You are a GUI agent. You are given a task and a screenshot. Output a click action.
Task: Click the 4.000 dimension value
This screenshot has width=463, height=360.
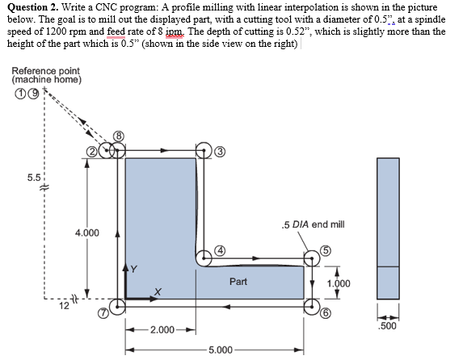coord(86,233)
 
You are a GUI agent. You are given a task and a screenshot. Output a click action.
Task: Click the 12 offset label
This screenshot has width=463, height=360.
coord(62,305)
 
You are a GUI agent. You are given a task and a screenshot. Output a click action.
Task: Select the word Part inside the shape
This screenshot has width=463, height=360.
coord(238,282)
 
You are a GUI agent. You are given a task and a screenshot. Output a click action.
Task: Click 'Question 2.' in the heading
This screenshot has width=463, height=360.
coord(35,7)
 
